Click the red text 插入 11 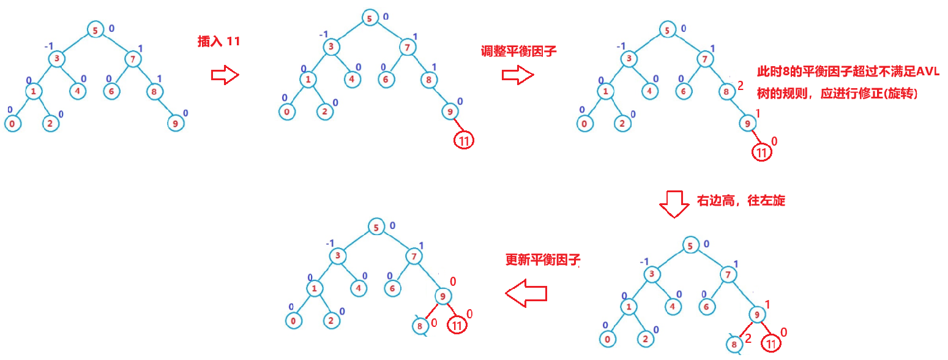click(218, 42)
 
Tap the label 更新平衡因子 click(542, 260)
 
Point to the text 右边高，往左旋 click(741, 200)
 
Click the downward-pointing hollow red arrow click(673, 204)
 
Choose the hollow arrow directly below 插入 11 click(224, 75)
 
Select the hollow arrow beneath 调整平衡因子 click(517, 75)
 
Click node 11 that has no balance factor click(464, 140)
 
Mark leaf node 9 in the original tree click(176, 122)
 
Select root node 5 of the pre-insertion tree click(95, 30)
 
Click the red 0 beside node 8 click(433, 323)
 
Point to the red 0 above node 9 click(453, 281)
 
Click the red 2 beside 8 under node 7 click(740, 86)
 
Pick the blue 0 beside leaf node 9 click(185, 113)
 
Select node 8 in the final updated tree click(420, 326)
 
